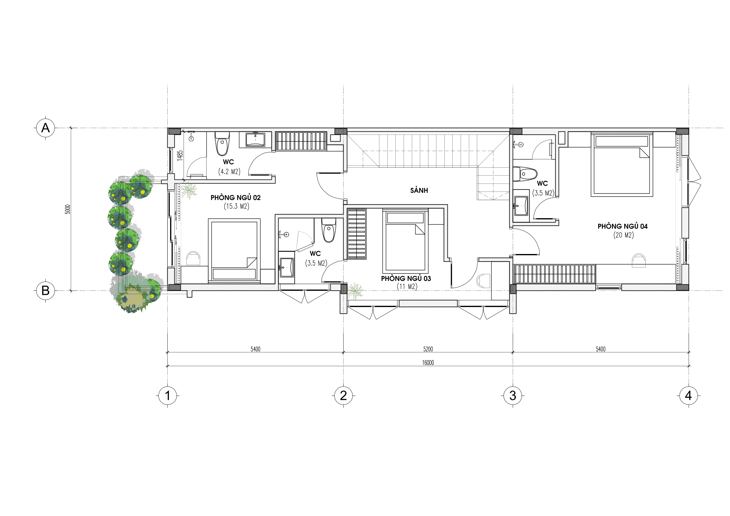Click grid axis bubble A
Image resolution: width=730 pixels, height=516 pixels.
45,128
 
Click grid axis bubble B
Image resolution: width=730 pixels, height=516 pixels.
45,290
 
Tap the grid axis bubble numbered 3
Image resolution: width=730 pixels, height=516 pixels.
512,396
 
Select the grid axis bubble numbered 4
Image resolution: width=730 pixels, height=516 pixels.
688,396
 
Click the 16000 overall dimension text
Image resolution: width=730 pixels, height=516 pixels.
428,363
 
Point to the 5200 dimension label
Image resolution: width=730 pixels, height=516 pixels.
428,349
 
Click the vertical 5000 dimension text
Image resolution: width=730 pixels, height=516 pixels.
67,209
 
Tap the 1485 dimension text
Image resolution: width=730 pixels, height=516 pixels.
180,155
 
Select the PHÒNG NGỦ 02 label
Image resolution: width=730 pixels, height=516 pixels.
236,197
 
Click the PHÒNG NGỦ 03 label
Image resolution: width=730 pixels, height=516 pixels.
406,279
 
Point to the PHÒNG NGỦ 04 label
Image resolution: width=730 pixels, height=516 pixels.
622,226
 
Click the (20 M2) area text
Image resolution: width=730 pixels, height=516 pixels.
623,235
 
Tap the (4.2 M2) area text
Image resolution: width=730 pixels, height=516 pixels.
229,172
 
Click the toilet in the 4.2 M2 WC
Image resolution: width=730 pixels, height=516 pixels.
222,144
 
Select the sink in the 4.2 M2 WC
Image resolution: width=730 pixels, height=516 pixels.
255,139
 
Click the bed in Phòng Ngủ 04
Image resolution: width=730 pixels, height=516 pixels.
622,164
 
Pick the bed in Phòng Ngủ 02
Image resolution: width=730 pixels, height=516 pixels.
234,251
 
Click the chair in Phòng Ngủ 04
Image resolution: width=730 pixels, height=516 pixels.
639,260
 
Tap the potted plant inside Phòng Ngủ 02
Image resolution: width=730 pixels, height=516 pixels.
189,191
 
